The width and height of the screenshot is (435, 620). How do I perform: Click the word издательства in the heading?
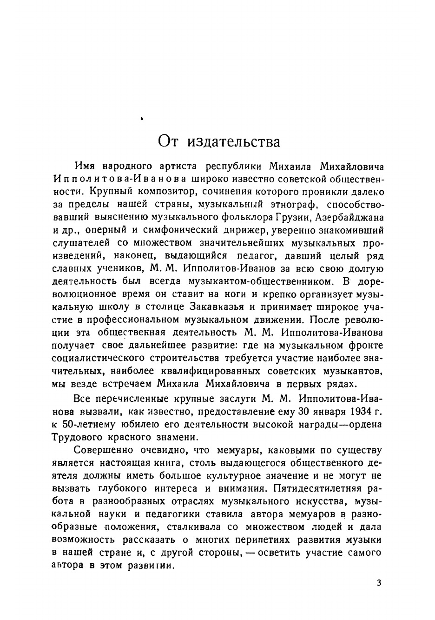(x=234, y=141)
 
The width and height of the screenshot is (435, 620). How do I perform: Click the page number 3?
(x=379, y=583)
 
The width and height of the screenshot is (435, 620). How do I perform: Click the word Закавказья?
(x=217, y=307)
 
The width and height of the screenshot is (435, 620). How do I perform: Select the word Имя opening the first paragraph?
(x=85, y=166)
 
